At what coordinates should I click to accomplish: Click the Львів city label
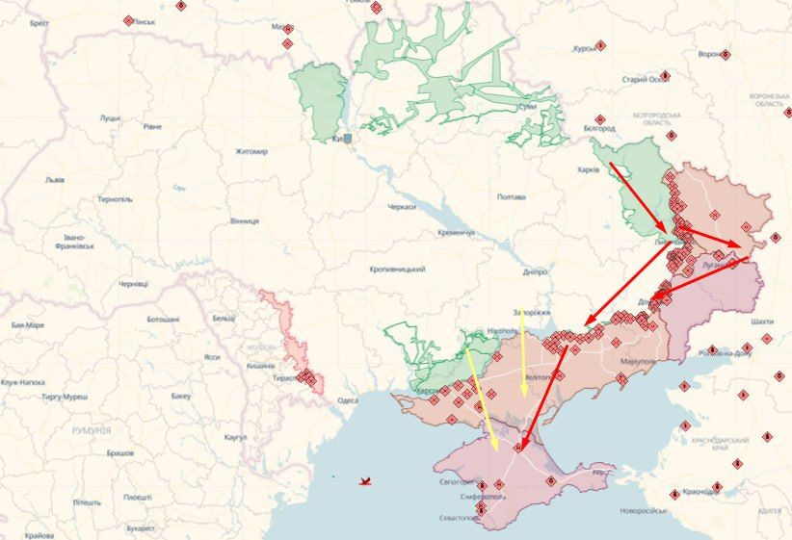(55, 179)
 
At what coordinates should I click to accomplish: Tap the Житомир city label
(251, 151)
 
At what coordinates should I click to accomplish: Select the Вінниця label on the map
(244, 220)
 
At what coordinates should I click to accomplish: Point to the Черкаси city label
(402, 207)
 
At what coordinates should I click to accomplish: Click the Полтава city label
(511, 197)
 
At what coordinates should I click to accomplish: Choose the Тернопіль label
(114, 199)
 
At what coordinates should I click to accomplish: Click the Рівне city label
(152, 126)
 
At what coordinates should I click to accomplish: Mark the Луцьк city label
(109, 118)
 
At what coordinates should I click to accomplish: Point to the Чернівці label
(133, 284)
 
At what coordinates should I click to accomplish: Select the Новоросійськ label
(644, 510)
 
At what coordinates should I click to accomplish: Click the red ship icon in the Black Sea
(364, 479)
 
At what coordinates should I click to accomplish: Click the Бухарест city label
(139, 527)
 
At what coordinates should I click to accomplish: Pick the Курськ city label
(585, 48)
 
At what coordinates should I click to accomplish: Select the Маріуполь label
(637, 361)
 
